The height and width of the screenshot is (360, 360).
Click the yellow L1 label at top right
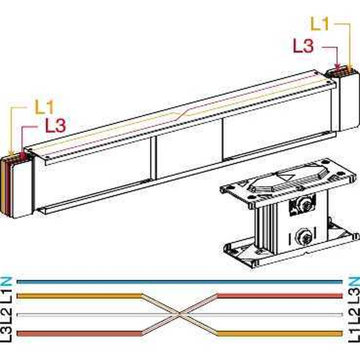click(x=320, y=24)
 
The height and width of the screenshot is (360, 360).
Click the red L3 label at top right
click(x=303, y=46)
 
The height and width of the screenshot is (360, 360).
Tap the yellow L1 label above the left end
click(x=44, y=107)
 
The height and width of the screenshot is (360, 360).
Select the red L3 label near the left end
click(x=56, y=125)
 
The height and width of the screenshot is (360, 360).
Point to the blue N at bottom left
click(x=6, y=282)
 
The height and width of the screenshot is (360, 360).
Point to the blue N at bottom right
click(x=354, y=282)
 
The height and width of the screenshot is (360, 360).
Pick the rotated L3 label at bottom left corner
click(x=6, y=334)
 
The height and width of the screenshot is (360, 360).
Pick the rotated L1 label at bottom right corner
click(x=354, y=334)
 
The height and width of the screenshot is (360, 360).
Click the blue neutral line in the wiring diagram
click(x=180, y=282)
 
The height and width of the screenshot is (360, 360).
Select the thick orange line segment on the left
click(x=79, y=296)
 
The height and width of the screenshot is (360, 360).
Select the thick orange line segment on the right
click(x=280, y=333)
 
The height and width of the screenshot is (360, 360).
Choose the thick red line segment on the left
click(x=79, y=333)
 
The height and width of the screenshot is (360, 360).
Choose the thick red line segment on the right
click(x=280, y=296)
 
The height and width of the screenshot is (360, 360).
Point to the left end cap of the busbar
click(x=15, y=186)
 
